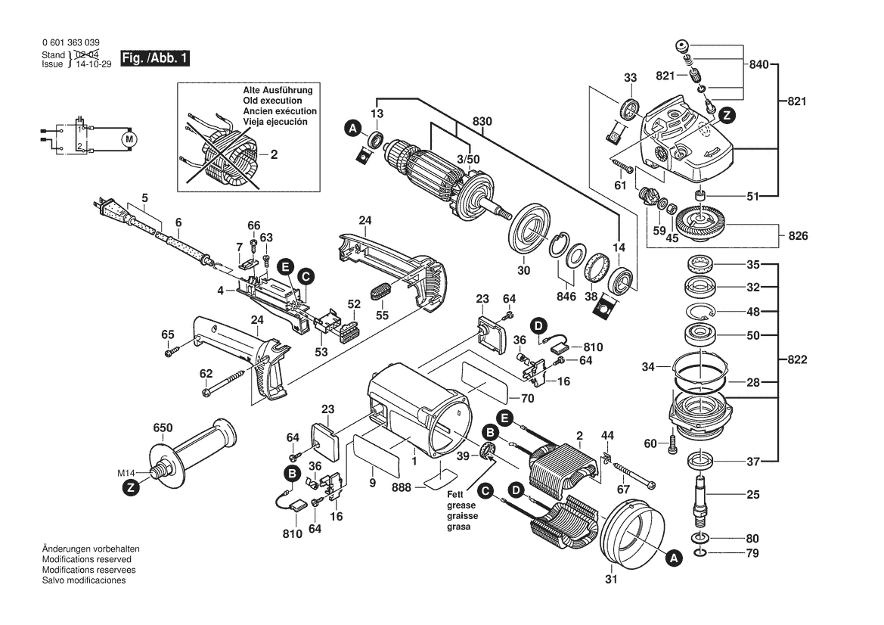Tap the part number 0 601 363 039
coord(70,43)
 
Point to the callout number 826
coord(798,236)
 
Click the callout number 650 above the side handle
coord(163,428)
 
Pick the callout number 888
coord(402,488)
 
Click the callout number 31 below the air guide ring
coord(611,580)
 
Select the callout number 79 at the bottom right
coord(752,554)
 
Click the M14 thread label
coord(126,473)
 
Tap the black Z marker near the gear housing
coord(726,115)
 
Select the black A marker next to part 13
coord(352,129)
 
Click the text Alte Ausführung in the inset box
coord(278,90)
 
